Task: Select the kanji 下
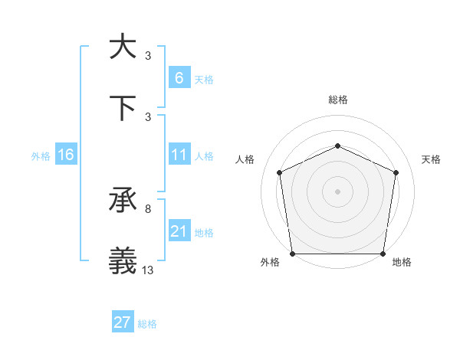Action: pos(123,108)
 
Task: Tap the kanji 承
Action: pos(123,201)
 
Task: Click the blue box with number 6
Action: pos(179,77)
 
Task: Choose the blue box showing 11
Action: pos(179,155)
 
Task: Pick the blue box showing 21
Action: pos(179,231)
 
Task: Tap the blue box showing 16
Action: pos(65,155)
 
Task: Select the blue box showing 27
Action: pos(122,322)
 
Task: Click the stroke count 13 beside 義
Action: pos(147,271)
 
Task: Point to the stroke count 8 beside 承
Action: pos(147,208)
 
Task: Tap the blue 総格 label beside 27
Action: pos(147,324)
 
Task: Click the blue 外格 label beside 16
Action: pos(41,155)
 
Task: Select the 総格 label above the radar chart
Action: pos(337,100)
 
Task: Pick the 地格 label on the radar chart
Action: pos(402,262)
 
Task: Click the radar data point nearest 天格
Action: pos(396,172)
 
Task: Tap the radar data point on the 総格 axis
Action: pos(337,145)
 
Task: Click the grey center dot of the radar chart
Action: pos(337,191)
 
